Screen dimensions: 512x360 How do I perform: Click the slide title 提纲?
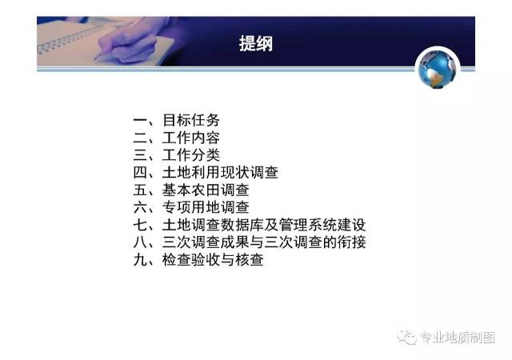[x=256, y=43]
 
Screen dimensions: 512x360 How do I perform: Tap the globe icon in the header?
[x=438, y=69]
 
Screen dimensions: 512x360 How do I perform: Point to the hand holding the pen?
[x=130, y=42]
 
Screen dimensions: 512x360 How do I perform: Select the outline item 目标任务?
[x=191, y=120]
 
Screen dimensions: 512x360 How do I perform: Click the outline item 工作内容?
[x=191, y=138]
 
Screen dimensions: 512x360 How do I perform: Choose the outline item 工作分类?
[x=191, y=155]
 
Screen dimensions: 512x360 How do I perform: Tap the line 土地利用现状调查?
[x=221, y=173]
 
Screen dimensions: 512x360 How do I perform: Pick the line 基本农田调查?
[x=206, y=190]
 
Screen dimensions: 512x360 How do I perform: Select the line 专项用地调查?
[x=206, y=207]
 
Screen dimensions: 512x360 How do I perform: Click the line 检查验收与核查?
[x=213, y=260]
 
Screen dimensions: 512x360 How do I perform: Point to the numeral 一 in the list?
[x=141, y=121]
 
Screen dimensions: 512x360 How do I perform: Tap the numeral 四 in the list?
[x=141, y=173]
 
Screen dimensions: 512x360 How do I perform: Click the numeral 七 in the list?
[x=141, y=225]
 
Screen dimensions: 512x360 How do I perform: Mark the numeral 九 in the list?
[x=141, y=260]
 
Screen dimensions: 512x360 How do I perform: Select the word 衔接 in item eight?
[x=351, y=242]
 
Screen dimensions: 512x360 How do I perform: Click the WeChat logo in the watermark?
[x=407, y=337]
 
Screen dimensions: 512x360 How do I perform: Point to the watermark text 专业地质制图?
[x=458, y=338]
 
